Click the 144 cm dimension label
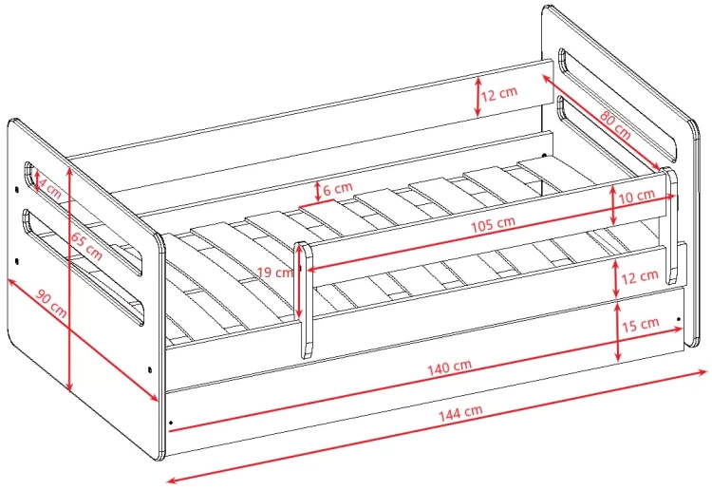[460, 412]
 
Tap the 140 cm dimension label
[450, 367]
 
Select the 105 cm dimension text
[493, 223]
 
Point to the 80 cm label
[615, 124]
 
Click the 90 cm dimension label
[51, 303]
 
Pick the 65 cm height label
[86, 246]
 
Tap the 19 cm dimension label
[275, 273]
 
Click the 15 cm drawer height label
[640, 324]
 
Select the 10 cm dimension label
[637, 197]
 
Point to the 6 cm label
[338, 188]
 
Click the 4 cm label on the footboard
[49, 188]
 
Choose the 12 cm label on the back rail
[499, 94]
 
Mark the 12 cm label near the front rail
[640, 276]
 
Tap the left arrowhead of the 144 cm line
[173, 480]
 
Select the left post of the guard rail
[304, 300]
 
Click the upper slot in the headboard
[618, 104]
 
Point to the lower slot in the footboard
[84, 267]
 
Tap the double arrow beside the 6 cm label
[318, 192]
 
